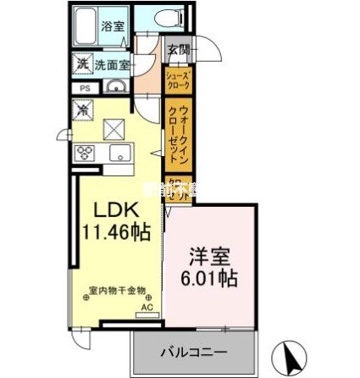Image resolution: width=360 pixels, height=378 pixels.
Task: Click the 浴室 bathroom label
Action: [114, 25]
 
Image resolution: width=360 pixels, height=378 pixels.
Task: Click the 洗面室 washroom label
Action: [111, 64]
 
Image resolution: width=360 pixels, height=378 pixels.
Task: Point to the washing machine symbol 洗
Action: [84, 63]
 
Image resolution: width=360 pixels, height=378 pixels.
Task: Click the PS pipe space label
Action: [85, 88]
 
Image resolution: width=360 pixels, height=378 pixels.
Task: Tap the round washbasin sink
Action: [114, 88]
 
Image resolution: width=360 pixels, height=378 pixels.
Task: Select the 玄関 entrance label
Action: [178, 49]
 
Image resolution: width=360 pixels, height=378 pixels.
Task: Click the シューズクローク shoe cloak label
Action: [179, 82]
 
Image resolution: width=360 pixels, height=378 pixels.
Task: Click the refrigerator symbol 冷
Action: [84, 108]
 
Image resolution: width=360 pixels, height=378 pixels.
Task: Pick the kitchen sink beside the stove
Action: [118, 153]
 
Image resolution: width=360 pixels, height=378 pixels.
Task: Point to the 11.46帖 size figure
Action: [118, 231]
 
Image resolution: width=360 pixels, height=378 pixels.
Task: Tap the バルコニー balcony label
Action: [191, 349]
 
